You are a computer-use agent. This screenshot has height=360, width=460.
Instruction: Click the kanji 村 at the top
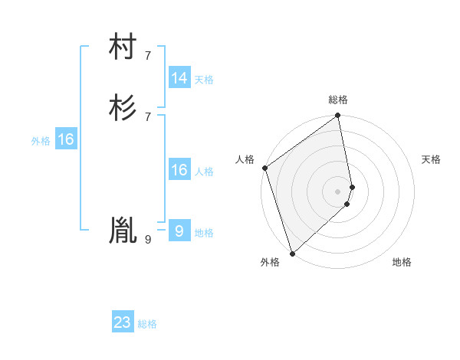123,48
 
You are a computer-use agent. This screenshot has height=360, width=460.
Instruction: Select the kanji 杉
123,108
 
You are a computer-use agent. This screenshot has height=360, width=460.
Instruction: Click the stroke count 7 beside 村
148,56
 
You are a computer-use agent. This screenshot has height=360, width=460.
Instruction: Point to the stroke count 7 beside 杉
148,116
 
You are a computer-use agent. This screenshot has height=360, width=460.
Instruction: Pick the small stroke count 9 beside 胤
148,239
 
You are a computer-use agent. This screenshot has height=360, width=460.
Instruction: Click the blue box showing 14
179,78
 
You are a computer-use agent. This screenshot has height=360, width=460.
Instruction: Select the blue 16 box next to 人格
179,170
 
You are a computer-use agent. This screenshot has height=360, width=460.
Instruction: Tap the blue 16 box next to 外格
66,139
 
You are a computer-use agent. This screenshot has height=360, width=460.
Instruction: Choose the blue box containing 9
179,231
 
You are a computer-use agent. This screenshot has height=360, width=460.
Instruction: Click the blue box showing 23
123,322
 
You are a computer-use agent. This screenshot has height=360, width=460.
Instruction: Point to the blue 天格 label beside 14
204,80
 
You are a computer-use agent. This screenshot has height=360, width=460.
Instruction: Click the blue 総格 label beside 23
147,324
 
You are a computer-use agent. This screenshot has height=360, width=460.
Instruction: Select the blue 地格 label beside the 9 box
204,233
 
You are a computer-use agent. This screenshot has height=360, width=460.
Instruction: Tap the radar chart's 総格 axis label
338,100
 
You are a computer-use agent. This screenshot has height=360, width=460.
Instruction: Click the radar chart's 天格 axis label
432,159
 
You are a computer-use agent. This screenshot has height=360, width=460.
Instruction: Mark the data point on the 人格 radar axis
264,168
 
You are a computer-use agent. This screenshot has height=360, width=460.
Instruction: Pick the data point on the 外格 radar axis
291,253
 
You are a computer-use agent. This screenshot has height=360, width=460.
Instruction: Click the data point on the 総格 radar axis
338,116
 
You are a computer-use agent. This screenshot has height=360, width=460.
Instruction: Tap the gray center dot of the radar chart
338,191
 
